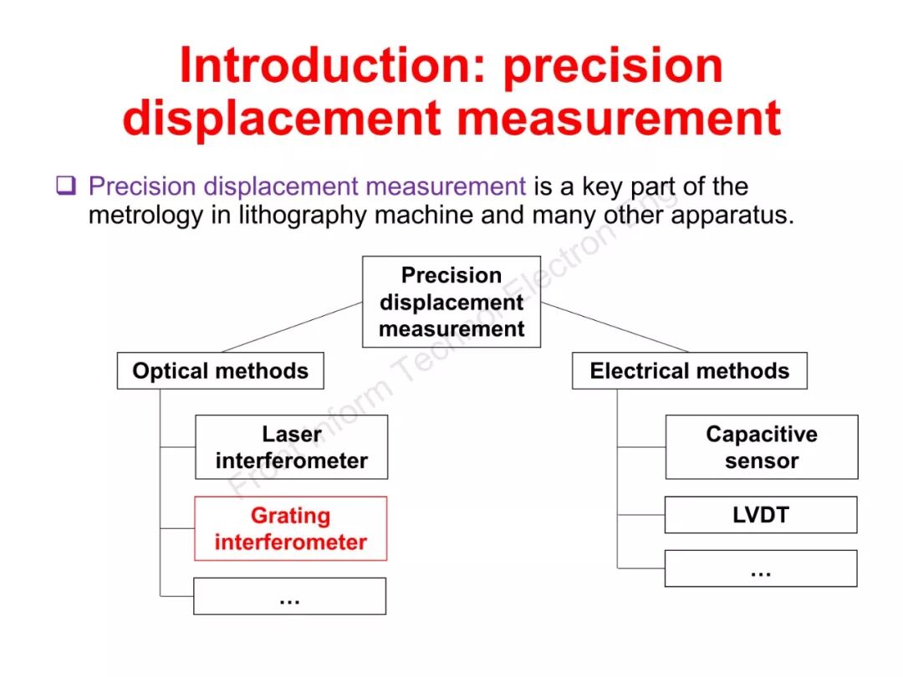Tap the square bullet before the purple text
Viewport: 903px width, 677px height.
click(66, 186)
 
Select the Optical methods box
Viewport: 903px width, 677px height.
click(220, 371)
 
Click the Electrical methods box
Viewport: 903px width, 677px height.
click(689, 371)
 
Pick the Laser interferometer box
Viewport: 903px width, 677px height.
click(291, 447)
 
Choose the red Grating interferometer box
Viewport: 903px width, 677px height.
click(290, 528)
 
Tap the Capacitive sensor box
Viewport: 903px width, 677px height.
click(761, 447)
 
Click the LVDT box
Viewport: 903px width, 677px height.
click(760, 515)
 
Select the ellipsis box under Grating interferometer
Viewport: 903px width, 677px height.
click(289, 596)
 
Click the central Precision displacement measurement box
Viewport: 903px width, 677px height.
click(451, 302)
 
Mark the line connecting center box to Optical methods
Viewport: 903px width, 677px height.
click(293, 327)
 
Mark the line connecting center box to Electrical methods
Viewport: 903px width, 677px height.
click(615, 327)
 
